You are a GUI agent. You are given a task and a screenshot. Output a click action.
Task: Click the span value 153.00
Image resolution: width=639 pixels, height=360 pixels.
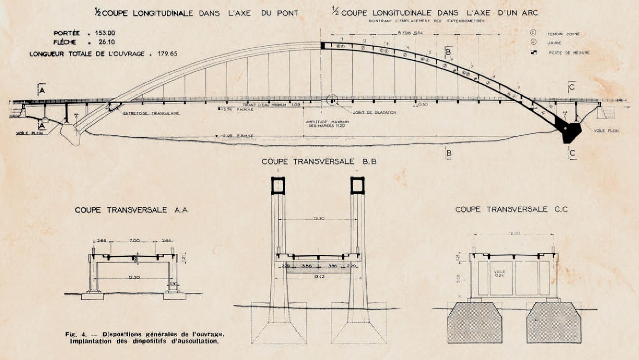click(x=105, y=33)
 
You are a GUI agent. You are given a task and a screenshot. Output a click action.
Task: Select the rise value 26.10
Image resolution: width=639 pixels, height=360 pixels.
click(x=107, y=42)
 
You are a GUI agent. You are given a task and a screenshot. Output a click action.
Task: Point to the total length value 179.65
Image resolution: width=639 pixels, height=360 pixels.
click(x=167, y=54)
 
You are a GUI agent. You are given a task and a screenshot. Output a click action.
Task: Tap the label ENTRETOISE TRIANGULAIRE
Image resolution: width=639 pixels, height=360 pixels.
click(x=151, y=114)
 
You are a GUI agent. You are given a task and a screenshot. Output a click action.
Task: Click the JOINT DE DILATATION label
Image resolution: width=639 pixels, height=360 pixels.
click(x=375, y=113)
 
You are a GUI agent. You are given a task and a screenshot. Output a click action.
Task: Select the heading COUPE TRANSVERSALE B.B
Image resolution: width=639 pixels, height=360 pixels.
click(x=319, y=162)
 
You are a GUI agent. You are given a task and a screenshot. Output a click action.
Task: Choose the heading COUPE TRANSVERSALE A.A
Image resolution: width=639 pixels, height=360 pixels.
click(x=131, y=210)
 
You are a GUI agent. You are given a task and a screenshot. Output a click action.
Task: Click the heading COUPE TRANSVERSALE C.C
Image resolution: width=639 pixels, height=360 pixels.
click(x=511, y=209)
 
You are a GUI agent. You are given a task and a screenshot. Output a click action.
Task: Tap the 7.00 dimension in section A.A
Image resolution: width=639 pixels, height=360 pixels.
click(x=134, y=240)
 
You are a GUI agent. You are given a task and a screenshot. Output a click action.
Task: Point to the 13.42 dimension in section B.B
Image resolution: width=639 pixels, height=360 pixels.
click(x=319, y=277)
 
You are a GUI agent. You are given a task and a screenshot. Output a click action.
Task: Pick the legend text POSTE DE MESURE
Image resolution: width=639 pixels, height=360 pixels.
click(x=569, y=53)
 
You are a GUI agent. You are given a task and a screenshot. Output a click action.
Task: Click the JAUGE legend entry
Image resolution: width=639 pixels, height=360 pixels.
click(x=554, y=43)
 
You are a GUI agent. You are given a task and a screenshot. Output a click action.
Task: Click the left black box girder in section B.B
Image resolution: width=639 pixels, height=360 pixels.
click(x=278, y=186)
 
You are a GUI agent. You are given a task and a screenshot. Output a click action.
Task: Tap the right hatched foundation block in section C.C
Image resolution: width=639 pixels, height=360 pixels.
click(x=554, y=323)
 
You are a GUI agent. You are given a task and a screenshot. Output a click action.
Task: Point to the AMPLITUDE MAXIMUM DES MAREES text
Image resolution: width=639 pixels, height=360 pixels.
click(x=327, y=124)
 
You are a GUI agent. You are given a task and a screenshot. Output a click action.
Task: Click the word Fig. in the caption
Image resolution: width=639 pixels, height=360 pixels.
click(x=70, y=334)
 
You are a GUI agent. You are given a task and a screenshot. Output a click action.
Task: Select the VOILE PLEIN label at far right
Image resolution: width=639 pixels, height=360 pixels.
click(x=606, y=131)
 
